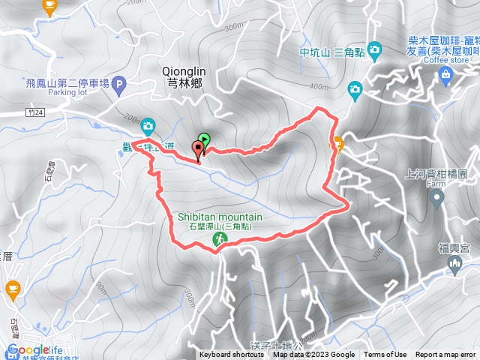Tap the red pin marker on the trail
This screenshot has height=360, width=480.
tap(199, 148)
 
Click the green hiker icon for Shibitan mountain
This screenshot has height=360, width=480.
tap(219, 239)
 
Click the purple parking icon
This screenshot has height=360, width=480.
tap(120, 84)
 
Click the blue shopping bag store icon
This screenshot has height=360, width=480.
tap(445, 73)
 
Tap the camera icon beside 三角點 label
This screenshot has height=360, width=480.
tap(374, 50)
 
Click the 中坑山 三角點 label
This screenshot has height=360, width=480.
tap(331, 52)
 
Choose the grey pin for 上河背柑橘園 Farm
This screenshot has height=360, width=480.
tap(438, 198)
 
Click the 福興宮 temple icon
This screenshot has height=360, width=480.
tap(454, 264)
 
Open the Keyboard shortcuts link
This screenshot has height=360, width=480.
tap(231, 355)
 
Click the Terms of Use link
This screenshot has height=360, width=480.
tap(385, 355)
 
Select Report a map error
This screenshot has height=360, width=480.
tap(445, 355)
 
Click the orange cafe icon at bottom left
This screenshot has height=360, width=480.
tap(13, 287)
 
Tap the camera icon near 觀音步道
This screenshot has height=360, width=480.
tap(148, 125)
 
